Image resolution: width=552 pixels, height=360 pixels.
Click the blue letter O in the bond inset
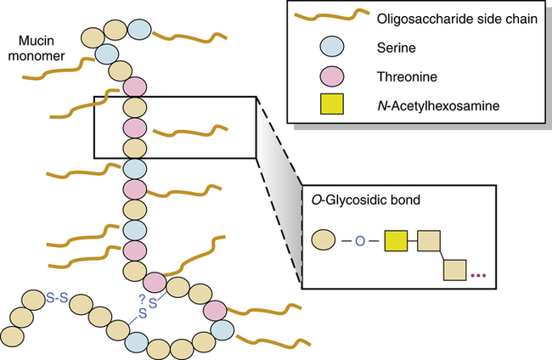pyautogui.click(x=359, y=242)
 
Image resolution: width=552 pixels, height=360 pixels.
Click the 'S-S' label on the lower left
pyautogui.click(x=58, y=297)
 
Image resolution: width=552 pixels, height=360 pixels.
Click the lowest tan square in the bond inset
pyautogui.click(x=455, y=271)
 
